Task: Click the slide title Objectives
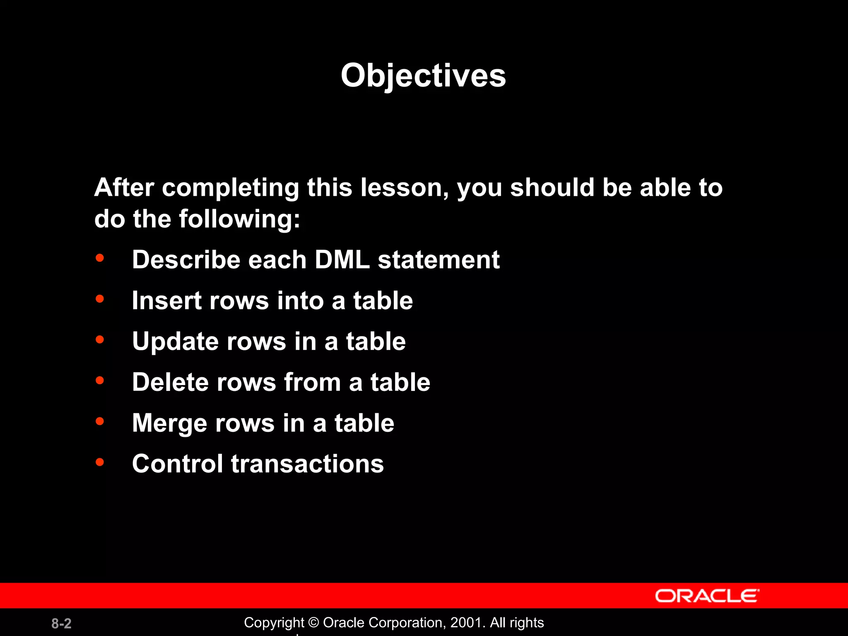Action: [423, 75]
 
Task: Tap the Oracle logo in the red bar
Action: [707, 596]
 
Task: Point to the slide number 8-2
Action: [61, 623]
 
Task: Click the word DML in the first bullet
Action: [342, 260]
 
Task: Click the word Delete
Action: [170, 382]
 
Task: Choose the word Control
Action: [177, 463]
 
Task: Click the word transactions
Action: [307, 463]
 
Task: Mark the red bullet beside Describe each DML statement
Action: [100, 258]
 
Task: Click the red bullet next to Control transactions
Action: [100, 462]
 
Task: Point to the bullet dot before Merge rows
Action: [100, 422]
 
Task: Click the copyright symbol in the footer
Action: [313, 623]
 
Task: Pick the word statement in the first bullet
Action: [438, 260]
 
